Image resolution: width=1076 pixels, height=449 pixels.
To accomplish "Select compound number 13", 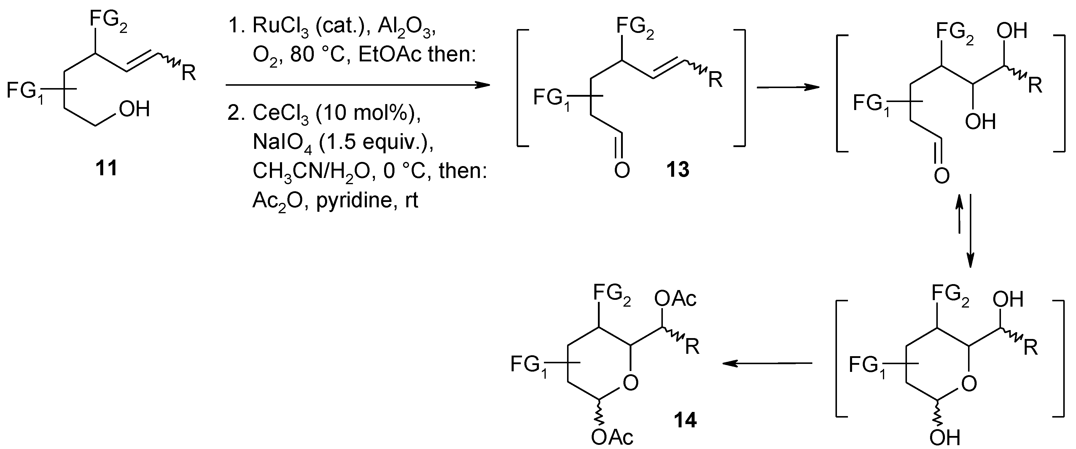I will coord(677,170).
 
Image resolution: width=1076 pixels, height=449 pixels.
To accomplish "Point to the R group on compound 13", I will coord(716,80).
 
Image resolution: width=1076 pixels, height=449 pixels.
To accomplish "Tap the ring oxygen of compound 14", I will coord(630,383).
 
